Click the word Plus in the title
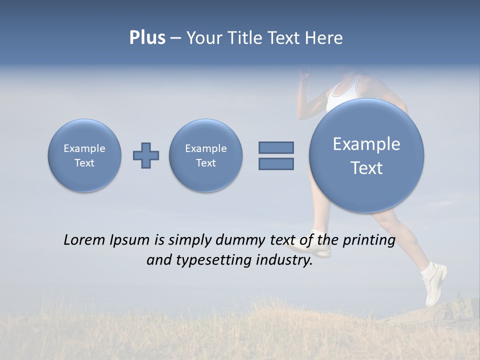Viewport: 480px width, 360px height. [147, 38]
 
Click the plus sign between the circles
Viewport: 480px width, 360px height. [146, 155]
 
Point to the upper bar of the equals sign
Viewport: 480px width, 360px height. [276, 147]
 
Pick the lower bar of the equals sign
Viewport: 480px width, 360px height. [276, 163]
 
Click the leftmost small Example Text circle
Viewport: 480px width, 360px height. [84, 155]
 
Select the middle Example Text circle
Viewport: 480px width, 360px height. [206, 155]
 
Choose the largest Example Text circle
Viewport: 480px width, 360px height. [366, 155]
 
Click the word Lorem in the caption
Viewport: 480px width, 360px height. [84, 240]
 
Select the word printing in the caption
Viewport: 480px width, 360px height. [368, 240]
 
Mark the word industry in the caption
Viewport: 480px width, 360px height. [284, 260]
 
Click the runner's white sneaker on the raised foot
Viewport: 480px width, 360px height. [434, 285]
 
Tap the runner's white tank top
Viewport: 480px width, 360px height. [343, 93]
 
